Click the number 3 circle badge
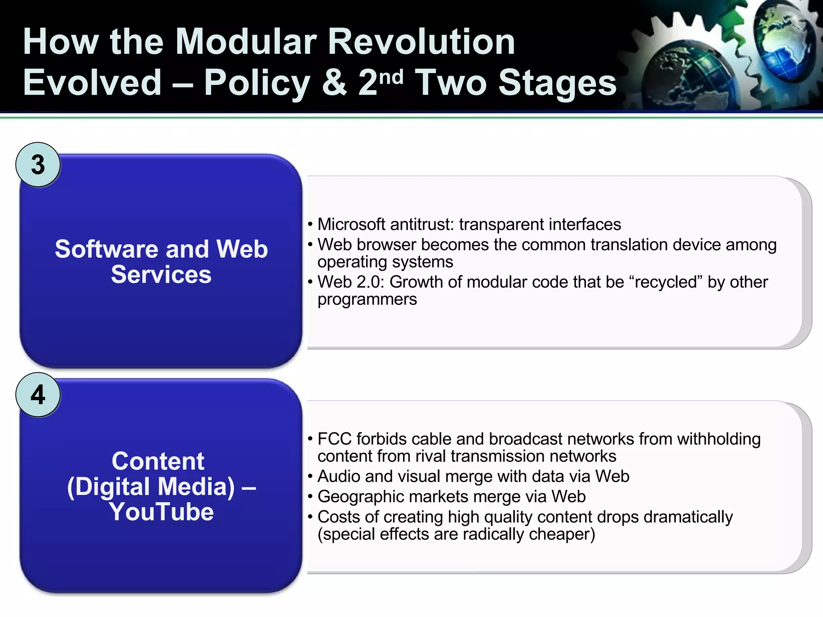coord(38,165)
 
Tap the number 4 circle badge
coord(38,395)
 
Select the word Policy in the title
coord(257,83)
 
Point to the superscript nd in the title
coord(391,76)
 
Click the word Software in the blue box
coord(106,249)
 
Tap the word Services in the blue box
coord(161,275)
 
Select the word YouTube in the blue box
coord(161,512)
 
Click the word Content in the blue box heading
coord(158,461)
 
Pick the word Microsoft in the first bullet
coord(352,225)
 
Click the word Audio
coord(339,477)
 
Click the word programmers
coord(367,300)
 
